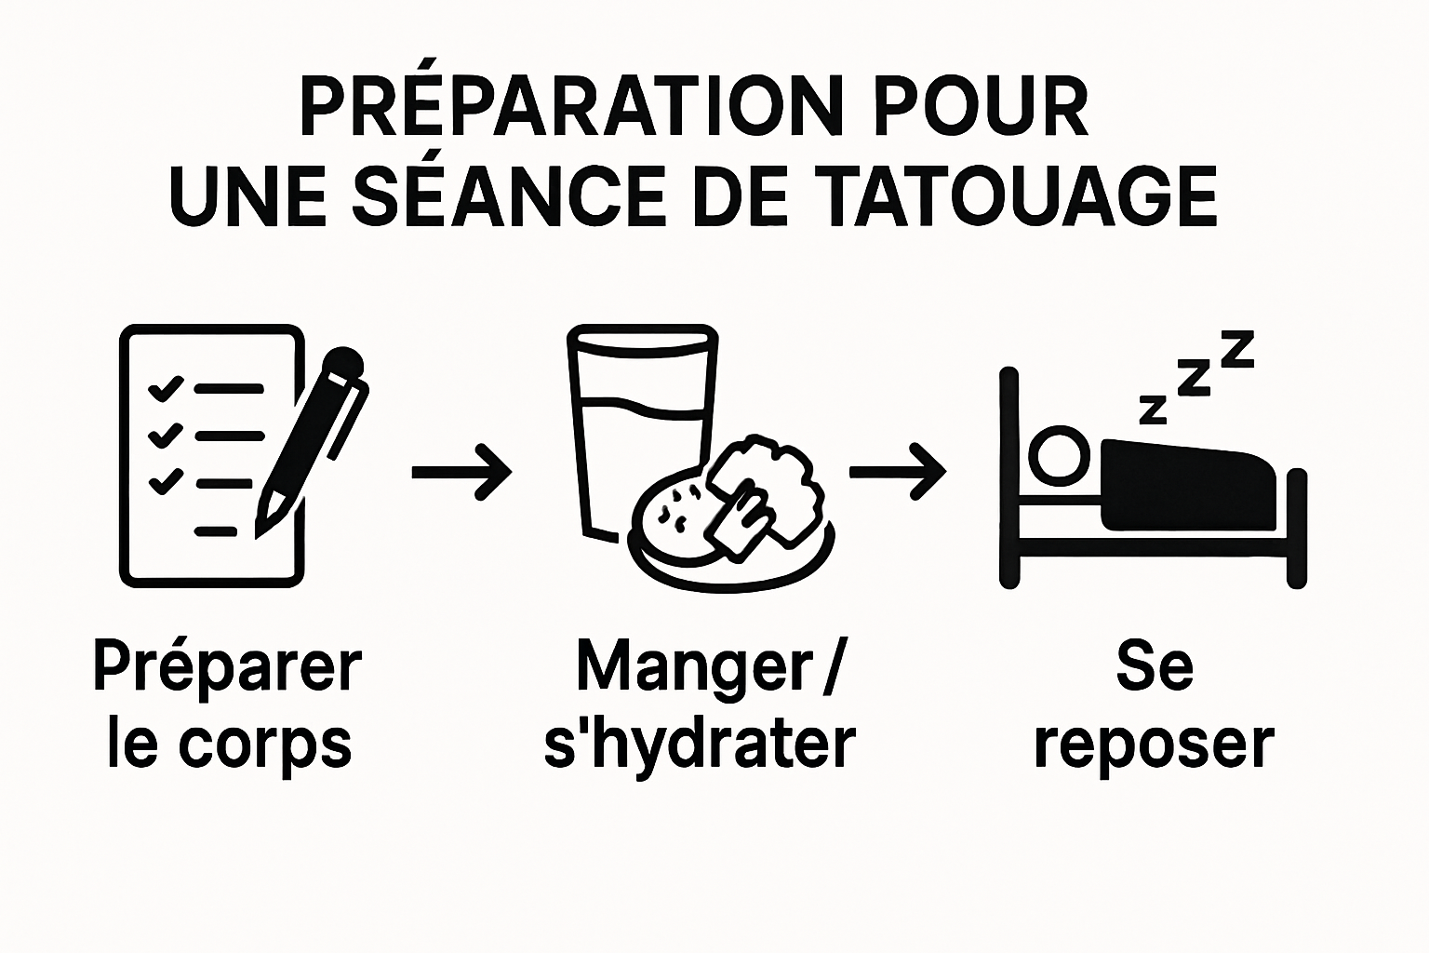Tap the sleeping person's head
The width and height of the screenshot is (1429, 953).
coord(1060,456)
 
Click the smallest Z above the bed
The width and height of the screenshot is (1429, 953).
coord(1153,409)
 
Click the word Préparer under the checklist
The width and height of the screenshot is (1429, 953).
coord(227,666)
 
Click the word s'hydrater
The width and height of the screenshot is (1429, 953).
coord(700,745)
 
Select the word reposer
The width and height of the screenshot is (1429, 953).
coord(1154,745)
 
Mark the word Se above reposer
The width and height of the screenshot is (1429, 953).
coord(1154,666)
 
